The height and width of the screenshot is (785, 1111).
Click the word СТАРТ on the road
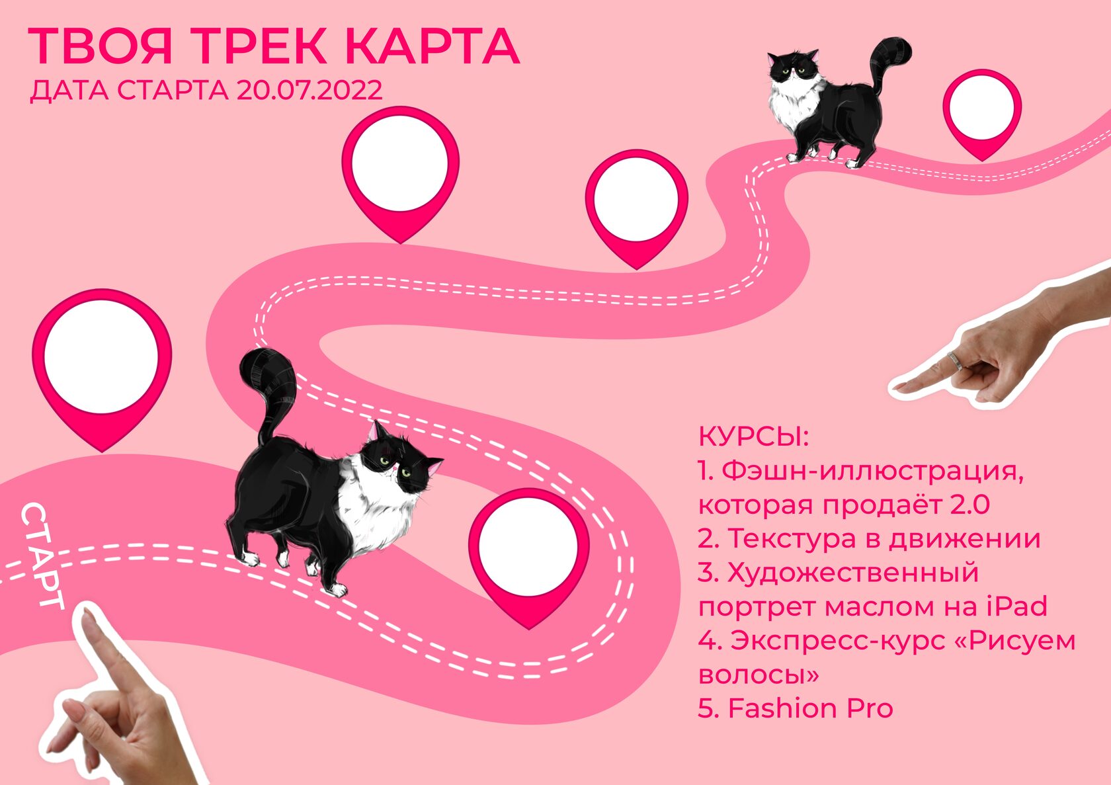pyautogui.click(x=42, y=556)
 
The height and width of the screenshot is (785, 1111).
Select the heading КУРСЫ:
pyautogui.click(x=753, y=437)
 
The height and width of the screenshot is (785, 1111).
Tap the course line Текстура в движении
pyautogui.click(x=868, y=538)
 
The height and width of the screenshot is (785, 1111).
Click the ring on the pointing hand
pyautogui.click(x=956, y=361)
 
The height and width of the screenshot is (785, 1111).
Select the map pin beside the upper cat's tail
pyautogui.click(x=982, y=114)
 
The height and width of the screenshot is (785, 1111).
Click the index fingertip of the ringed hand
pyautogui.click(x=900, y=386)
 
